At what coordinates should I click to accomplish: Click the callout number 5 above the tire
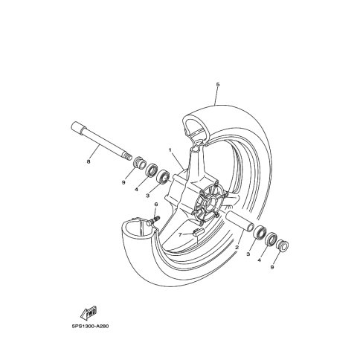pos(218,85)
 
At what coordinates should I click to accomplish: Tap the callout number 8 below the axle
pos(89,161)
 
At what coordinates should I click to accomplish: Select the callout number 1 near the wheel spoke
pos(170,150)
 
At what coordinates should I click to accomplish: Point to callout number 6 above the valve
pos(156,204)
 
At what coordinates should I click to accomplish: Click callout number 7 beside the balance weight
pos(180,234)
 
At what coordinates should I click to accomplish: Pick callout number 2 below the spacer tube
pos(237,247)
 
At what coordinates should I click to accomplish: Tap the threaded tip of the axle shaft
pos(127,157)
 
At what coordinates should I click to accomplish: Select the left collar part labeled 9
pos(140,163)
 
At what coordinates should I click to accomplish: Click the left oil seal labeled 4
pos(152,170)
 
